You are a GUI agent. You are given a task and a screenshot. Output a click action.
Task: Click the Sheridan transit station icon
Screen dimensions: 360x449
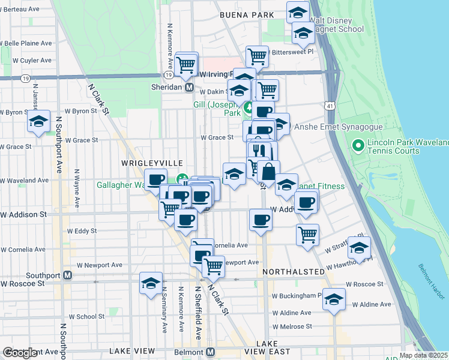coord(189,87)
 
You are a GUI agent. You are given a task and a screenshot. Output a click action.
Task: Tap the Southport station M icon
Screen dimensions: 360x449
coord(68,275)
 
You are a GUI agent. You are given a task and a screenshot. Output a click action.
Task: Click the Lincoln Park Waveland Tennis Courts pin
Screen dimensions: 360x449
coord(358,145)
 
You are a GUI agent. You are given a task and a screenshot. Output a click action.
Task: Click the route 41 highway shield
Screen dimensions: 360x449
coord(331,106)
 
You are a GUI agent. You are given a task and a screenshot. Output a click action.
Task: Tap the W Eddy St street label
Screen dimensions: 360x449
coord(82,230)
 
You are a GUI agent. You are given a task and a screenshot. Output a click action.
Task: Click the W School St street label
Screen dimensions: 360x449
coord(87,316)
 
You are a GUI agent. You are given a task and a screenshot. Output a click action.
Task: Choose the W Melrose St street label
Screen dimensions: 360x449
coord(292,326)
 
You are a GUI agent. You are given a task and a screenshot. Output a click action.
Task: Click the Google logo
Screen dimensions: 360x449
coord(20,353)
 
